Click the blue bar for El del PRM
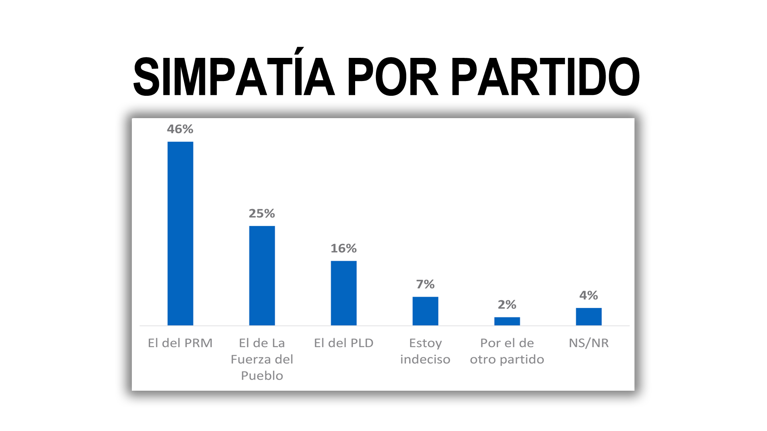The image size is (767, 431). (x=180, y=233)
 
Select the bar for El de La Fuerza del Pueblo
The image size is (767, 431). (x=262, y=275)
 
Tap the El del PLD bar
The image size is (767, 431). (x=344, y=293)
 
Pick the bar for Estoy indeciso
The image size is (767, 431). (x=425, y=311)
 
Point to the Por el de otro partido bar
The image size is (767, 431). (x=507, y=321)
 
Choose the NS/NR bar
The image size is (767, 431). (x=589, y=316)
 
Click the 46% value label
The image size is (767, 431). (x=180, y=129)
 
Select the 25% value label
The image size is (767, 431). (x=262, y=214)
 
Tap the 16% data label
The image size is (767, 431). (x=344, y=249)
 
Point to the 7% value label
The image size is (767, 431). (x=425, y=284)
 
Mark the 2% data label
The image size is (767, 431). (x=507, y=305)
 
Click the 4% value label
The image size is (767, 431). (x=589, y=295)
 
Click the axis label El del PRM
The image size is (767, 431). (x=180, y=343)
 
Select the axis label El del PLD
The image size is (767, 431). (x=344, y=343)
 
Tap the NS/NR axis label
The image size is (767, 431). (x=589, y=343)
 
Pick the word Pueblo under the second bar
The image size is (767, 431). (x=262, y=376)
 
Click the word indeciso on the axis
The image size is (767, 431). (x=425, y=360)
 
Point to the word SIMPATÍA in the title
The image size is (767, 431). (x=234, y=77)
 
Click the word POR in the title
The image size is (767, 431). (x=393, y=77)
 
